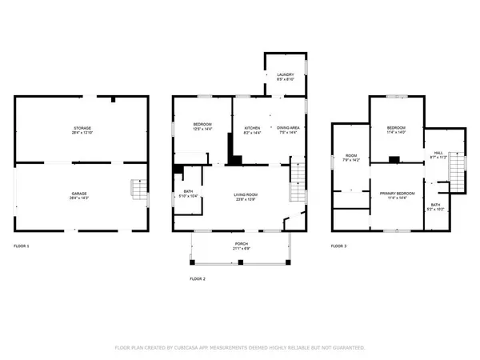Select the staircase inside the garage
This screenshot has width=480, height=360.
[139, 190]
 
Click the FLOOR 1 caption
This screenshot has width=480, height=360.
[22, 246]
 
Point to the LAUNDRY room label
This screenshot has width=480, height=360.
[285, 76]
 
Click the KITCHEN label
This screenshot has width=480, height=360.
[252, 130]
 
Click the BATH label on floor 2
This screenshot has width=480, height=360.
[189, 191]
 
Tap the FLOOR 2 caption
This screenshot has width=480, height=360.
[198, 278]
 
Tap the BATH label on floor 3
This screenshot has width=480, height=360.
[435, 206]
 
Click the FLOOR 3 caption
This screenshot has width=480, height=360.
[340, 246]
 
